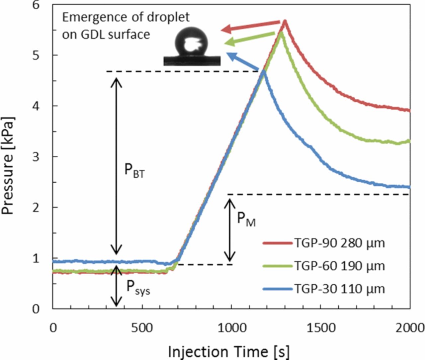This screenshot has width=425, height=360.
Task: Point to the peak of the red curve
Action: point(285,21)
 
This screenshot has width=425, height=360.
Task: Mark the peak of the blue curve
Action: point(263,71)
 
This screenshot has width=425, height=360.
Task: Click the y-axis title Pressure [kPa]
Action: point(8,165)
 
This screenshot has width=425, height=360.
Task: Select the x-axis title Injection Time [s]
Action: point(228,351)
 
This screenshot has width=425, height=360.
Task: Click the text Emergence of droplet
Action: point(126,17)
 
